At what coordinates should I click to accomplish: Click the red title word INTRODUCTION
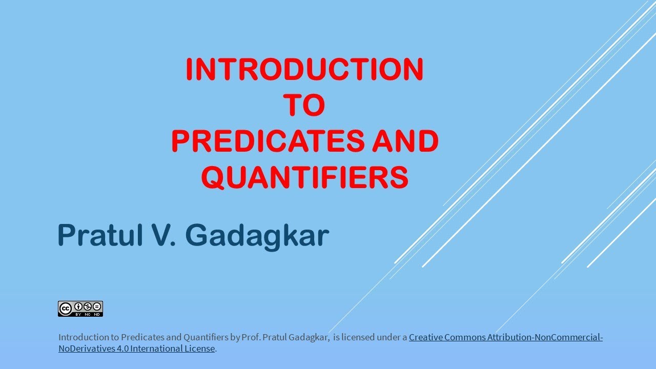(304, 70)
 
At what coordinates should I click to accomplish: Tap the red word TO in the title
(304, 106)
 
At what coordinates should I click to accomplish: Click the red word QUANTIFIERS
(304, 177)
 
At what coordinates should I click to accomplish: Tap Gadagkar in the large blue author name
(257, 236)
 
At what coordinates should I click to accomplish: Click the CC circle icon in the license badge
(65, 308)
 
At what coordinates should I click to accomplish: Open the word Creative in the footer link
(425, 337)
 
